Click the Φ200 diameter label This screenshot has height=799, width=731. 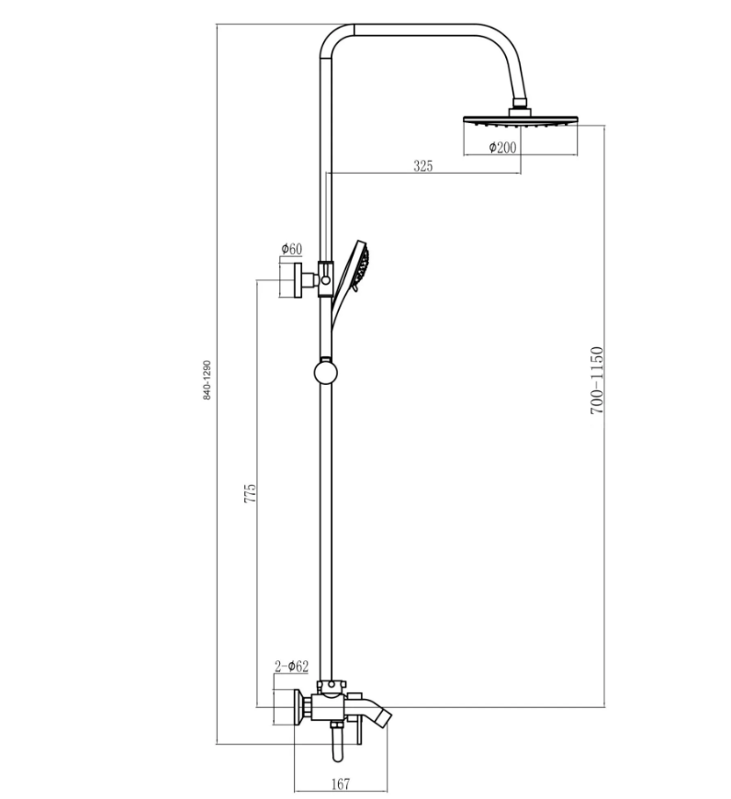click(502, 147)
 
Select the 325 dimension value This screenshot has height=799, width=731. click(422, 165)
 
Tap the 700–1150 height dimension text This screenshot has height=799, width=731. click(597, 380)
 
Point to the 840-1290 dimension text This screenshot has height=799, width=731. click(207, 380)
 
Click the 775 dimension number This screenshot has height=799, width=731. click(250, 494)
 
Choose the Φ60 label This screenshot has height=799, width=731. click(292, 249)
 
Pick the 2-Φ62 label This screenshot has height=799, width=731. click(291, 666)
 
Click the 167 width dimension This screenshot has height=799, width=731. click(341, 783)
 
